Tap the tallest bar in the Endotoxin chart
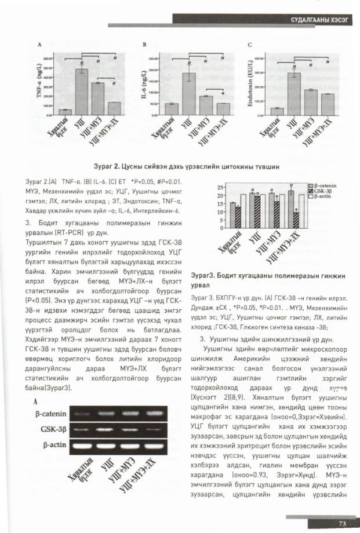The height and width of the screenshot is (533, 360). coord(294,93)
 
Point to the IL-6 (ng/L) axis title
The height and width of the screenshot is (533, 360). coord(145,87)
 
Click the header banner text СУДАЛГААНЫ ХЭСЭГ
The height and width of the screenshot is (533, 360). coord(320,21)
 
